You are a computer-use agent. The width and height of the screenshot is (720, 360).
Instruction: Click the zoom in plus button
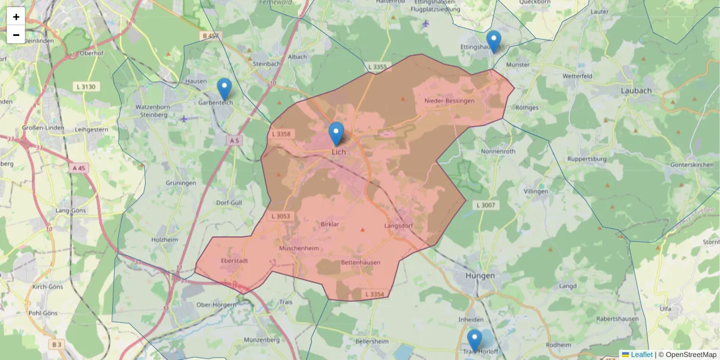pyautogui.click(x=16, y=17)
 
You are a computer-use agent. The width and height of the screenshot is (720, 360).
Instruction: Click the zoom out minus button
pyautogui.click(x=16, y=35)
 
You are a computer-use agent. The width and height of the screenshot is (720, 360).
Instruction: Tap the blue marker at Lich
pyautogui.click(x=337, y=134)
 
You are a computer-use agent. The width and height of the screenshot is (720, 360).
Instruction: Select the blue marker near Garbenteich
pyautogui.click(x=224, y=89)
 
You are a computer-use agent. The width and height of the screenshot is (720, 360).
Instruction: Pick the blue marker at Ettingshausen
pyautogui.click(x=493, y=42)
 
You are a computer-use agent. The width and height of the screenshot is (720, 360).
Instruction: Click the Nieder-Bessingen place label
pyautogui.click(x=449, y=101)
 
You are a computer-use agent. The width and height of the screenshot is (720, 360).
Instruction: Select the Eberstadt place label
pyautogui.click(x=235, y=261)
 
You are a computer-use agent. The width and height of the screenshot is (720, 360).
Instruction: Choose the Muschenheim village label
pyautogui.click(x=298, y=248)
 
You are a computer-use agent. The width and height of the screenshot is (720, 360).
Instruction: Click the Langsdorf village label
pyautogui.click(x=399, y=226)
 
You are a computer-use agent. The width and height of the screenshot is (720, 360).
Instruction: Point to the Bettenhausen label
pyautogui.click(x=360, y=263)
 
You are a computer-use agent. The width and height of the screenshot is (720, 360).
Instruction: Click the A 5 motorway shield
pyautogui.click(x=234, y=140)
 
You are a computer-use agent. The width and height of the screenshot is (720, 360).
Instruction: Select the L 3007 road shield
pyautogui.click(x=485, y=205)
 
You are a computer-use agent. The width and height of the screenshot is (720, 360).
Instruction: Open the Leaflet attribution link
pyautogui.click(x=641, y=355)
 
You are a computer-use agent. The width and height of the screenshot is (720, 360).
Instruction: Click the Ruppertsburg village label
pyautogui.click(x=586, y=160)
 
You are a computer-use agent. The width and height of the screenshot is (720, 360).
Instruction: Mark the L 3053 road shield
pyautogui.click(x=280, y=216)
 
